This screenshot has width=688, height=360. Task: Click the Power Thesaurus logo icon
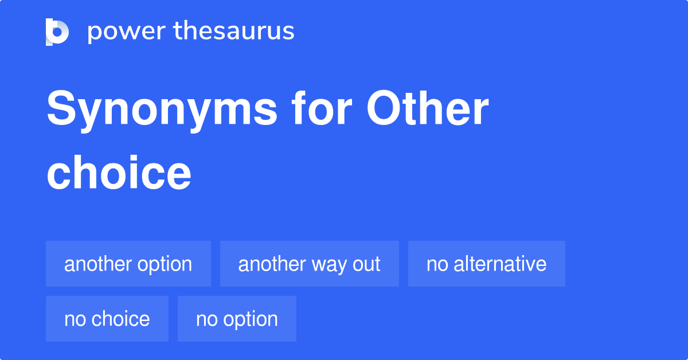57,32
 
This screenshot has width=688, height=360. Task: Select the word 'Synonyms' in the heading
162,110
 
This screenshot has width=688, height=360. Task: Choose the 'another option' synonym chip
128,264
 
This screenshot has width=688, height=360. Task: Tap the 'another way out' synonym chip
310,264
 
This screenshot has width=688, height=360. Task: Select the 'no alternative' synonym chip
487,264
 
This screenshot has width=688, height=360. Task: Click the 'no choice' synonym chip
107,319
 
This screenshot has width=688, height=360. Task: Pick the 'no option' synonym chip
237,319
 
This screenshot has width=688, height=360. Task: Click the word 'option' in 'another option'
164,265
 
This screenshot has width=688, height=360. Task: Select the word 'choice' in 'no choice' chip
122,319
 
